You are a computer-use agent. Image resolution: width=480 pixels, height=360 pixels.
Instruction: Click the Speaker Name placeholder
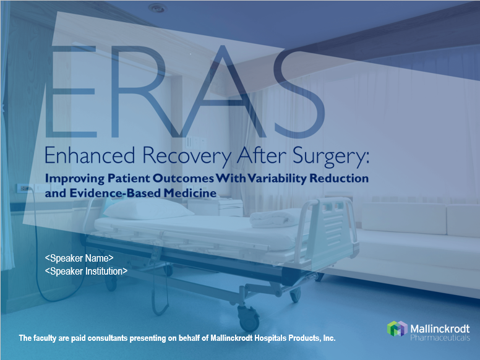click(79, 258)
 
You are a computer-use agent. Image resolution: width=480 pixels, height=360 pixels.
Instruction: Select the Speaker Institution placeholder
click(86, 271)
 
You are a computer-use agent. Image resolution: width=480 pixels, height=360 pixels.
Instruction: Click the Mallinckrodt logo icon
click(397, 329)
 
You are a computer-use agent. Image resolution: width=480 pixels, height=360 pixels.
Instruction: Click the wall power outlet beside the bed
click(24, 187)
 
